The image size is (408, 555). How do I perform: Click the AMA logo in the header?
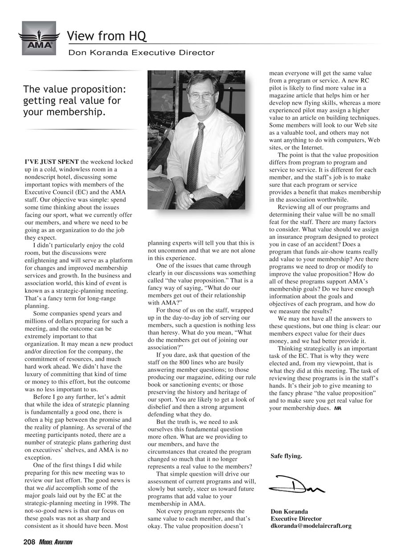39,38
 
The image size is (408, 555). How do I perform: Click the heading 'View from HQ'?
106,36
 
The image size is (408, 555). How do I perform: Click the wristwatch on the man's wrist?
192,195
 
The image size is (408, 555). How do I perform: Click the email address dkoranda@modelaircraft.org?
311,526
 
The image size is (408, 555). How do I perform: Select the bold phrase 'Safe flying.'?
286,456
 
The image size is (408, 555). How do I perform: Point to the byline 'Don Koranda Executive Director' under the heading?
141,53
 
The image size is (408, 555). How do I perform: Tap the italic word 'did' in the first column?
53,488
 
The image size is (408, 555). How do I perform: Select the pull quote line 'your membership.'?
65,111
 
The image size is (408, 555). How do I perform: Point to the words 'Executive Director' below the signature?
296,519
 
